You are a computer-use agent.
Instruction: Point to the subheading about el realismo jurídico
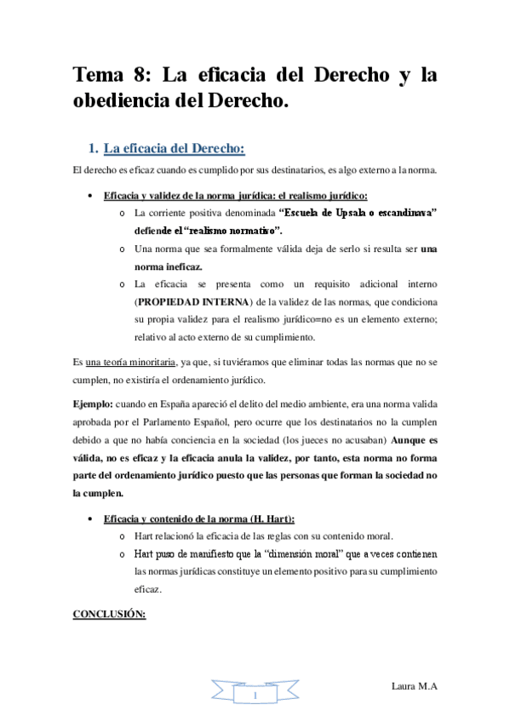coord(235,195)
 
